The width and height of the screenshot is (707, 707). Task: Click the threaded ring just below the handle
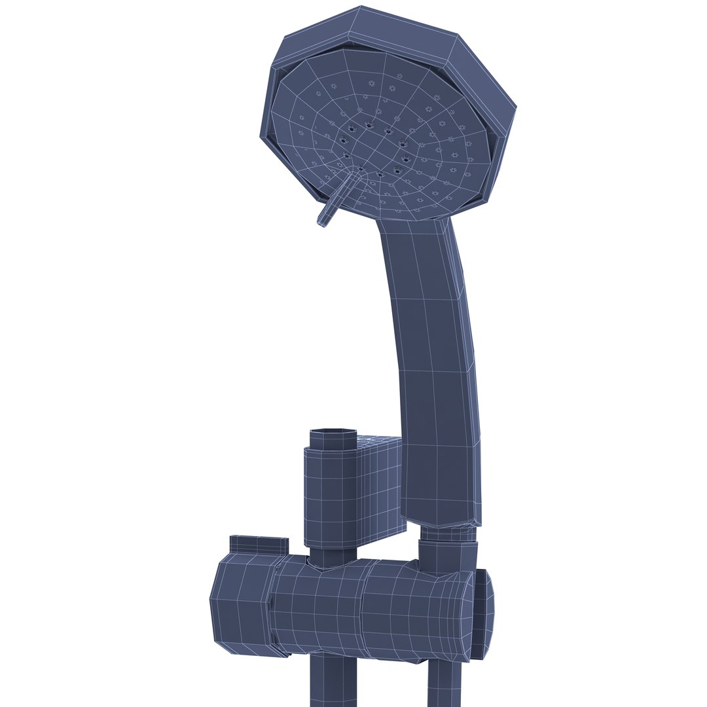coord(448,534)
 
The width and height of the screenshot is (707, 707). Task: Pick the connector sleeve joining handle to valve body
coord(448,556)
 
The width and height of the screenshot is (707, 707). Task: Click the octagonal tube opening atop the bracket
coord(333,437)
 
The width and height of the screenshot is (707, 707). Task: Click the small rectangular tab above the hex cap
coord(259,545)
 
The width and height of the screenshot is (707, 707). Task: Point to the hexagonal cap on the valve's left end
coord(240,602)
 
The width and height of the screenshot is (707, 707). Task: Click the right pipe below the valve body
coord(445,684)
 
